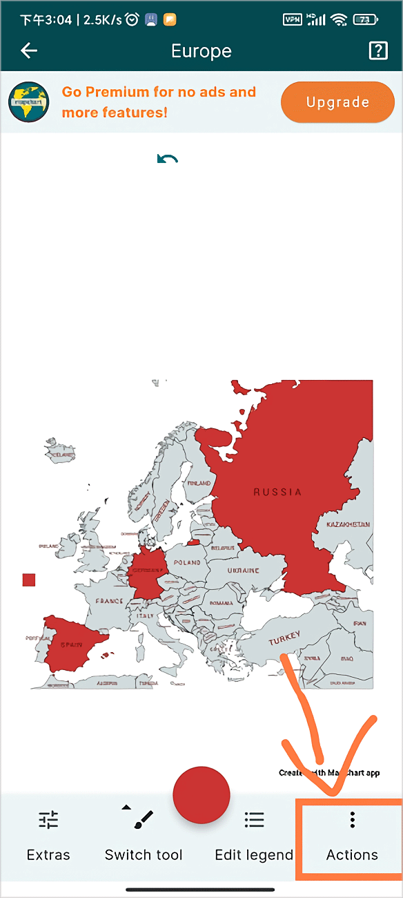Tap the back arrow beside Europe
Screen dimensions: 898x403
pos(29,50)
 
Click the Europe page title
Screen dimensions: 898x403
pos(201,51)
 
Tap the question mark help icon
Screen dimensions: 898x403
pos(378,50)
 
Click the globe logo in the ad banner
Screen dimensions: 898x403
pos(29,102)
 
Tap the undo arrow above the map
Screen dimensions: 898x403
pos(167,160)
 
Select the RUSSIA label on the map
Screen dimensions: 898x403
pos(277,493)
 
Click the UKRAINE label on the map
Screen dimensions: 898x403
pos(243,571)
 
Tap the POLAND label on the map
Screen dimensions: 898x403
pos(186,563)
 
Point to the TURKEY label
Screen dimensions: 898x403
pos(284,639)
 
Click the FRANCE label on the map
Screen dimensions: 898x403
pos(109,601)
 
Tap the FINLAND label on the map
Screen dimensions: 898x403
pos(199,483)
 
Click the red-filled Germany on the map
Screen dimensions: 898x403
pos(148,573)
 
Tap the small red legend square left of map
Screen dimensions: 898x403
pos(29,580)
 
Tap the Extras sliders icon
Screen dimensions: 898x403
pos(48,820)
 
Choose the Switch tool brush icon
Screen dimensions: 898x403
pos(143,820)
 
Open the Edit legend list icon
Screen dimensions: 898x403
pos(254,820)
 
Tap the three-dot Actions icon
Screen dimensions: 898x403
pos(352,820)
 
